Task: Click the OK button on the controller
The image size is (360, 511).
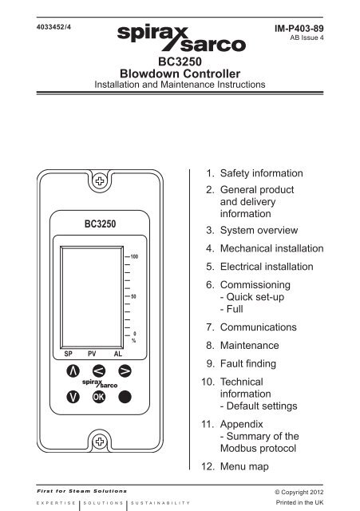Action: tap(99, 397)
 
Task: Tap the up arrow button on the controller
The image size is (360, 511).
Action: tap(73, 370)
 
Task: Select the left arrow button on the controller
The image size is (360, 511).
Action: tap(99, 370)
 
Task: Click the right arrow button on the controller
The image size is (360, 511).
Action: tap(125, 370)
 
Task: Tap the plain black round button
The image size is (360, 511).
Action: tap(125, 397)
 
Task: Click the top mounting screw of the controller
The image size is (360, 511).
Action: tap(100, 181)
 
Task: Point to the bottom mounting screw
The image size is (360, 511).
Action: tap(100, 442)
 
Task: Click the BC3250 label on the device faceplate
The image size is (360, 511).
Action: tap(100, 224)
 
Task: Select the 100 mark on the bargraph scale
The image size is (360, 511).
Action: tap(134, 256)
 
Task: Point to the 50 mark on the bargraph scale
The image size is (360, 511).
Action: tap(133, 296)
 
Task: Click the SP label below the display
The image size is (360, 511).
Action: tap(68, 354)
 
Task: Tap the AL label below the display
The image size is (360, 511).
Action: tap(118, 354)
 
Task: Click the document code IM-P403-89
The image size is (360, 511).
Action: tap(299, 29)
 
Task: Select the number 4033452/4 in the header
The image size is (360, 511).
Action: tap(53, 27)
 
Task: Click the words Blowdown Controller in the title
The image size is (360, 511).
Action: tap(180, 73)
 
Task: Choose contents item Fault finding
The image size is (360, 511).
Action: tap(248, 363)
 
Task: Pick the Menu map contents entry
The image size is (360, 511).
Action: tap(244, 466)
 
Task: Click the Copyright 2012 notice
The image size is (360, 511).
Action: tap(299, 492)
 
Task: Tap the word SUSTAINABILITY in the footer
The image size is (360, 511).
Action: tap(160, 503)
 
